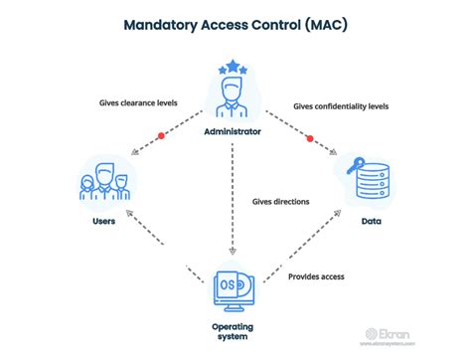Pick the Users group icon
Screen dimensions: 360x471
(103, 185)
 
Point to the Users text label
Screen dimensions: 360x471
(102, 221)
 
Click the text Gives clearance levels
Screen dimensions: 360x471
(139, 101)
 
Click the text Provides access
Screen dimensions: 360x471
(316, 275)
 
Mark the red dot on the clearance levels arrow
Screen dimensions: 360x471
(160, 135)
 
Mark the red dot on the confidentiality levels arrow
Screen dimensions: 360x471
(309, 135)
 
